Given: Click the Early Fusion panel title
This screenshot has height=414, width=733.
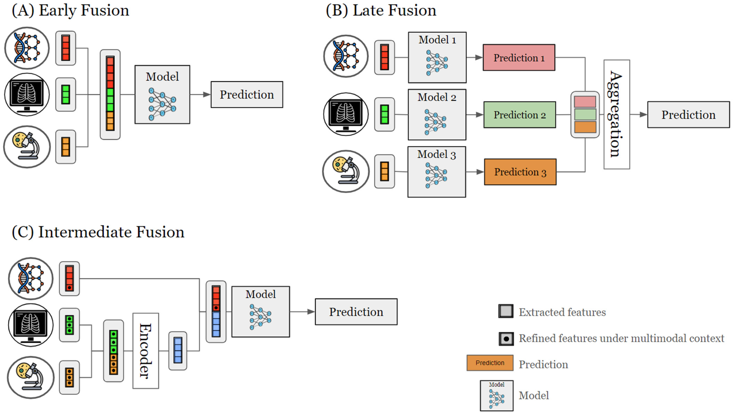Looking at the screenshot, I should [70, 10].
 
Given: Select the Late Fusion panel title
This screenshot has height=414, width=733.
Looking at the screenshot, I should [381, 10].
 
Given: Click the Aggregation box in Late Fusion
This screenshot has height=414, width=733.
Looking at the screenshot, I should [617, 114].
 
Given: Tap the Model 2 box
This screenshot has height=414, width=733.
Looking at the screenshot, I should [437, 115].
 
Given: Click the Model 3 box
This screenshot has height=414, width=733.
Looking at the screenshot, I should [436, 172].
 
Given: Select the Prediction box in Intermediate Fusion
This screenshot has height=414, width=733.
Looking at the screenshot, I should [356, 312].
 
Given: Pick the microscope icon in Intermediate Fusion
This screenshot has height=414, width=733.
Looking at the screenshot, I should [31, 377].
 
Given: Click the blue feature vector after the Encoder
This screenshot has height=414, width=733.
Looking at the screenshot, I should [178, 351].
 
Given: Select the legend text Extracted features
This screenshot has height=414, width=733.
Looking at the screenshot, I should [562, 312].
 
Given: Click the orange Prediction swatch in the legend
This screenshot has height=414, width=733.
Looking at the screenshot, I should [490, 363].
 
